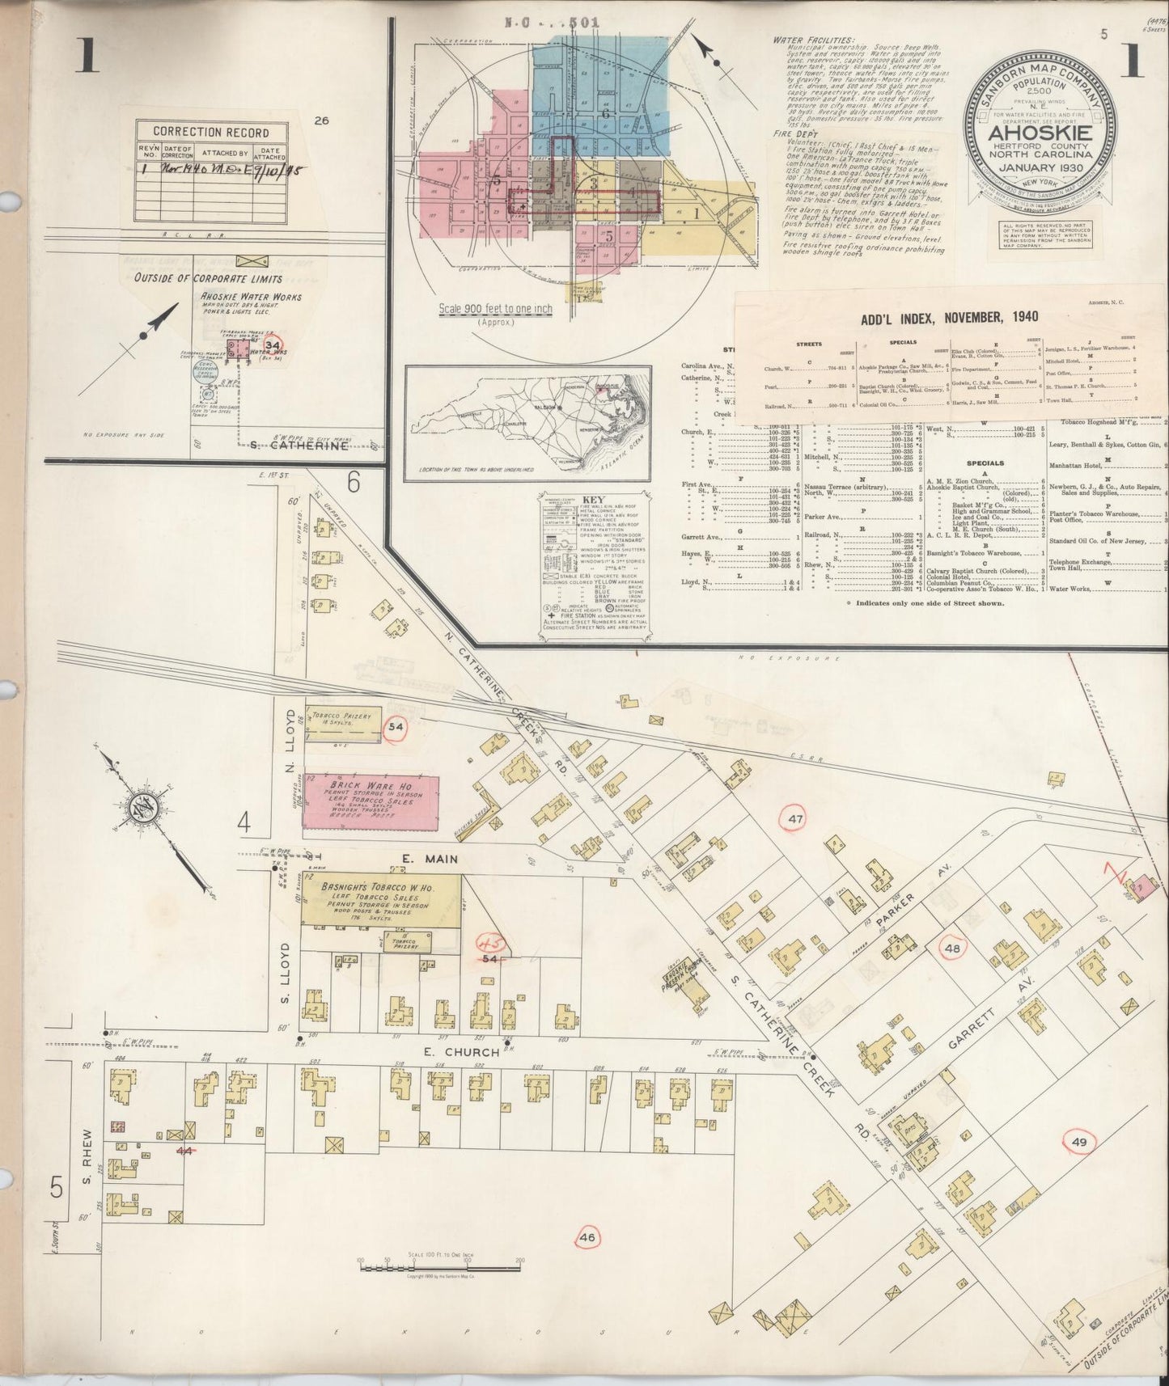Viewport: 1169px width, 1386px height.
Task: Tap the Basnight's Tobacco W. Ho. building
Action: click(380, 899)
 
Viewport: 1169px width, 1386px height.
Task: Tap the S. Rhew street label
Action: click(87, 1150)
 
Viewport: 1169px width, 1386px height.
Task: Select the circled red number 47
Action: click(796, 819)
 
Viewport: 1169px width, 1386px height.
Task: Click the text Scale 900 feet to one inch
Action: click(495, 309)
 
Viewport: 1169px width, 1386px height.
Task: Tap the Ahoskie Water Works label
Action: click(251, 297)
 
